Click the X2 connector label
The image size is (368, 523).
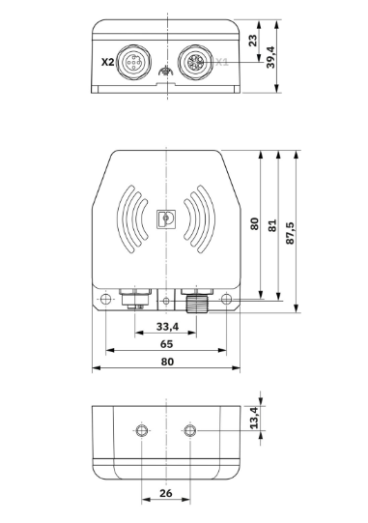[x=107, y=62]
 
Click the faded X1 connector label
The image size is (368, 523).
[x=222, y=62]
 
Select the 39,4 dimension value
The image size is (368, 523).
[x=270, y=57]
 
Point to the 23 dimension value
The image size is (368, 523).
[x=253, y=41]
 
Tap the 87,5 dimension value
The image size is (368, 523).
[x=290, y=233]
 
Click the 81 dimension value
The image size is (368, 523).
[x=272, y=225]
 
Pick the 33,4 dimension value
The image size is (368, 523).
[x=167, y=327]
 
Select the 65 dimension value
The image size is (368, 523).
[x=166, y=344]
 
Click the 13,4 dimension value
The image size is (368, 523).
[x=254, y=418]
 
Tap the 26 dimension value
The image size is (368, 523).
[x=166, y=493]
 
